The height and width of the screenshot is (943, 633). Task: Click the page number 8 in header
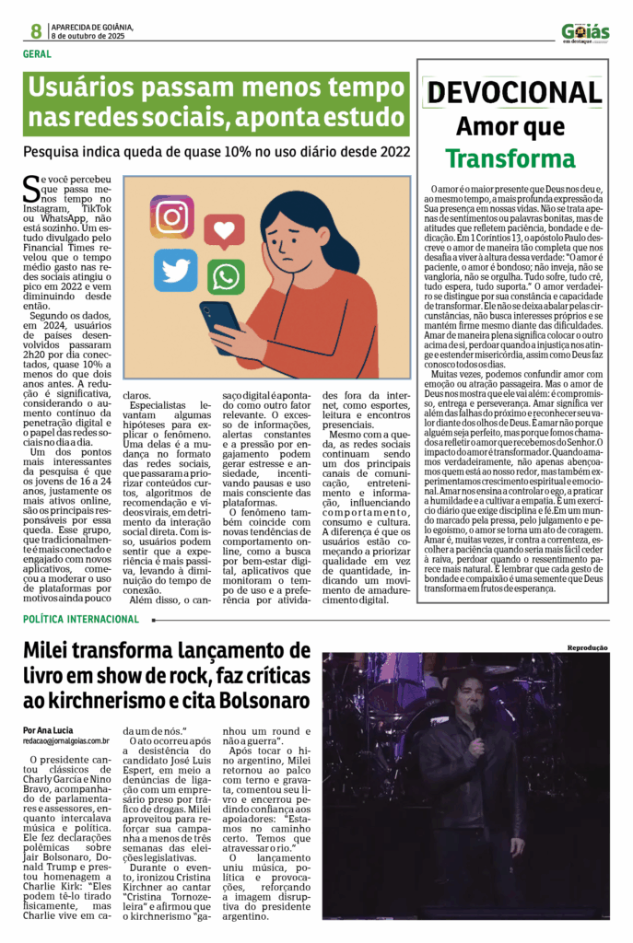pos(36,31)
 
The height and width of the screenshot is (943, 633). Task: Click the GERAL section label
pos(37,53)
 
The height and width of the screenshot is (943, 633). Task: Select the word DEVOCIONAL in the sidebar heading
pos(514,92)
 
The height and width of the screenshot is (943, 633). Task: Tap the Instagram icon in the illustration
pos(171,215)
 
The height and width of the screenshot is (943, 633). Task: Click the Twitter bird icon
pos(175,269)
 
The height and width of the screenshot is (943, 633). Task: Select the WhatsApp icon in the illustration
pos(226,277)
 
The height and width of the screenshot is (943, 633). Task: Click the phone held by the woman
pos(220,324)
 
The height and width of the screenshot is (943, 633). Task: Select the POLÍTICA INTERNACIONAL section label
pos(81,619)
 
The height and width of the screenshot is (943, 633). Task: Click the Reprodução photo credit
pos(587,647)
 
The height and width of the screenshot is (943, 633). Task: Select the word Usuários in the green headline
pos(82,89)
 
